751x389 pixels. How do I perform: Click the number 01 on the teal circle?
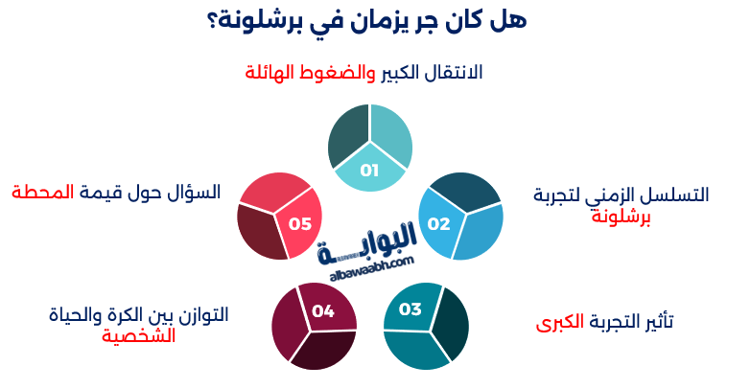[369, 171]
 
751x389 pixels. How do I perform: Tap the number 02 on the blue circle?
[438, 224]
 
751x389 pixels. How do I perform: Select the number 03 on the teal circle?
[411, 309]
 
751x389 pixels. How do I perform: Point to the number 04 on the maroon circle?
[322, 310]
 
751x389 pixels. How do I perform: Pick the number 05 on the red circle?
[300, 224]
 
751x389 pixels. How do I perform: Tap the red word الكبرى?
[560, 322]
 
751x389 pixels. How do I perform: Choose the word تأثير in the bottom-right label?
[657, 322]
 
